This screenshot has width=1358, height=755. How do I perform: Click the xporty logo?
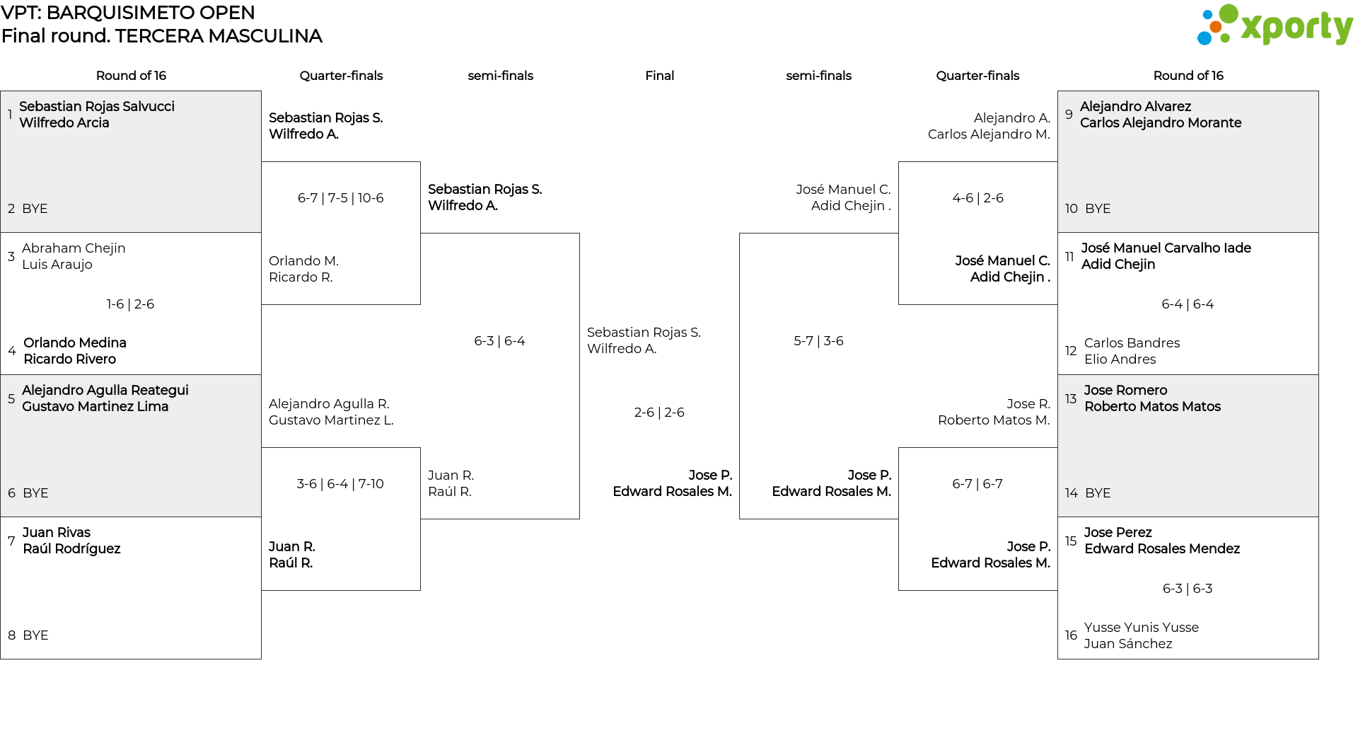click(x=1275, y=25)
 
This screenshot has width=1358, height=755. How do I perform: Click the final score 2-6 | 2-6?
click(x=659, y=413)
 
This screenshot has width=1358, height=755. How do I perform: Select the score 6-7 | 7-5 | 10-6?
click(x=341, y=198)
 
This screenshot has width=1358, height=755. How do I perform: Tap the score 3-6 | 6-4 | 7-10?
click(x=341, y=484)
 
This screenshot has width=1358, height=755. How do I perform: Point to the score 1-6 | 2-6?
click(x=131, y=304)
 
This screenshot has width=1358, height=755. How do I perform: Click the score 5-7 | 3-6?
click(x=819, y=341)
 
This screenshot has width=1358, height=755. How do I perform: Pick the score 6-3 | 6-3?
click(x=1188, y=589)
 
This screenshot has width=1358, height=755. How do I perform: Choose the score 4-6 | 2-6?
click(x=978, y=198)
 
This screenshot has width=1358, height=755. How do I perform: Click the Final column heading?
click(x=660, y=76)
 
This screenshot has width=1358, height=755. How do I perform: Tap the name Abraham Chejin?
click(x=74, y=248)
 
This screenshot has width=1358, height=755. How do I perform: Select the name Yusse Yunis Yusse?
click(x=1142, y=628)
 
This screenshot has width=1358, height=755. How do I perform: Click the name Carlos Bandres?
click(x=1132, y=343)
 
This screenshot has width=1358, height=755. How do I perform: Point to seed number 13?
click(x=1071, y=399)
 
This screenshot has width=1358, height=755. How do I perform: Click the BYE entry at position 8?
click(x=35, y=635)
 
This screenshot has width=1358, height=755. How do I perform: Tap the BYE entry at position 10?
click(x=1098, y=209)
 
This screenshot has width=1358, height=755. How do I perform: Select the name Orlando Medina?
click(x=75, y=343)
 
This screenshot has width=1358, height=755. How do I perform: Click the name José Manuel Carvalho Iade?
click(x=1166, y=248)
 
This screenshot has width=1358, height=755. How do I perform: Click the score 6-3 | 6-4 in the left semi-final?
click(x=500, y=341)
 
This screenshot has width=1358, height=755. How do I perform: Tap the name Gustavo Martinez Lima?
click(x=95, y=407)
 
